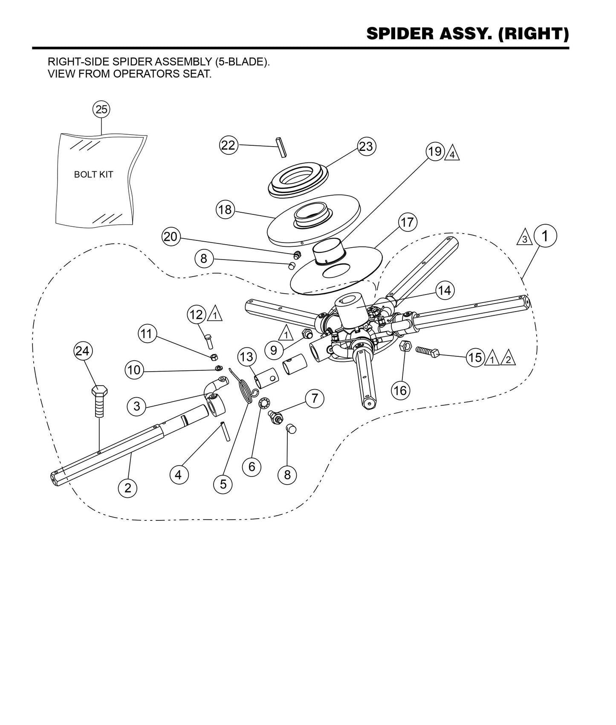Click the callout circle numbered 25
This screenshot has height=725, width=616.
(101, 110)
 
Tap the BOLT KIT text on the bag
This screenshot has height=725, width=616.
(93, 175)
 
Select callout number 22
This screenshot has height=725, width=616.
(228, 145)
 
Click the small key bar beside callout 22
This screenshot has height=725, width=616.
(281, 147)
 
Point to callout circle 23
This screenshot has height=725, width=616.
(366, 147)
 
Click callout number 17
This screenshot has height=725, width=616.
(408, 222)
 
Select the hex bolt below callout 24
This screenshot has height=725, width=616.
(99, 401)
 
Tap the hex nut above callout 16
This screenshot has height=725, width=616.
(405, 346)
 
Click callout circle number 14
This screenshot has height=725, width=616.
(444, 290)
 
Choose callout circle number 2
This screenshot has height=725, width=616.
(128, 487)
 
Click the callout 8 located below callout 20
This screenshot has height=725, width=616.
(204, 258)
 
